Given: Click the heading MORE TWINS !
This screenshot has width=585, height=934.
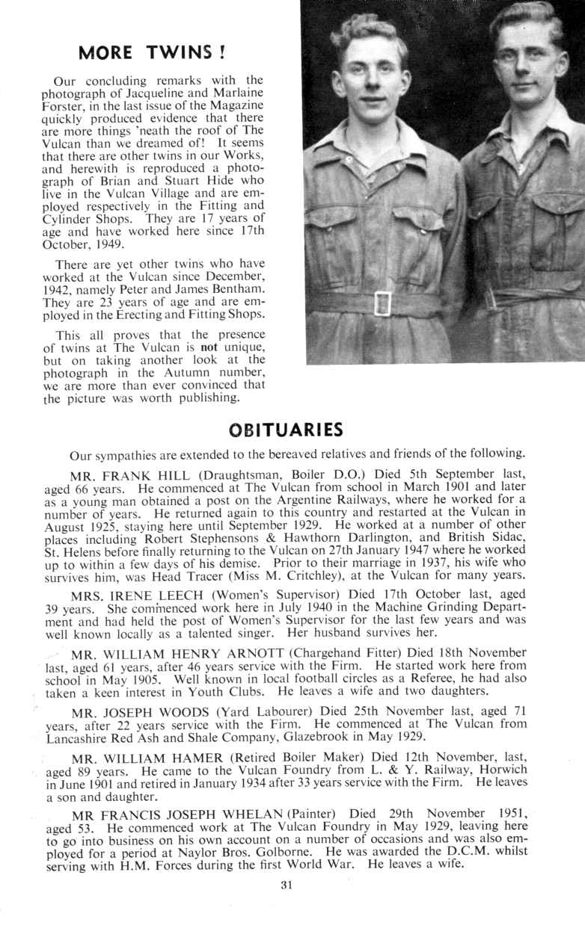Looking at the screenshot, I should pyautogui.click(x=152, y=52).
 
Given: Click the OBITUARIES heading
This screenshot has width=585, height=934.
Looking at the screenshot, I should pyautogui.click(x=286, y=430).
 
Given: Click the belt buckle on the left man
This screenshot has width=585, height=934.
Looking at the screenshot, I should pyautogui.click(x=382, y=303).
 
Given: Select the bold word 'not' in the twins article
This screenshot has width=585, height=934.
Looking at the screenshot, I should pyautogui.click(x=208, y=347).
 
